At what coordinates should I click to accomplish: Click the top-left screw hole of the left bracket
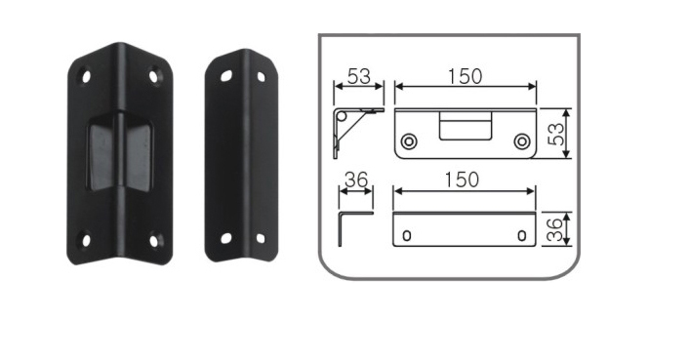click(x=86, y=76)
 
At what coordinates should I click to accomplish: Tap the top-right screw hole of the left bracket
click(x=153, y=76)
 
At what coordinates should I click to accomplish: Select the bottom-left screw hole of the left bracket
click(x=86, y=240)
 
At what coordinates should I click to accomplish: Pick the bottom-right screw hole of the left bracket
click(x=153, y=241)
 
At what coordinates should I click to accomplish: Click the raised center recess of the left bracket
click(x=120, y=152)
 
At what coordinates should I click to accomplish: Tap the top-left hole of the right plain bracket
click(x=226, y=76)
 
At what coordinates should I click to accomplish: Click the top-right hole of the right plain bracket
click(x=261, y=77)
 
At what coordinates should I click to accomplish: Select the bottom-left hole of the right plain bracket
click(x=225, y=238)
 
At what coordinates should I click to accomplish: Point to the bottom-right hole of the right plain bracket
click(x=261, y=238)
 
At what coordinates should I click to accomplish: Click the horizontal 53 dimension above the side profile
click(x=358, y=76)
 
